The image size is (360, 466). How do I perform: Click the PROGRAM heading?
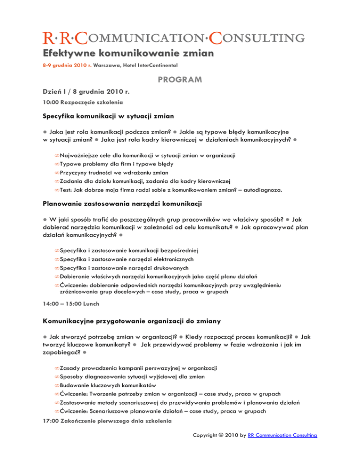coord(180,80)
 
